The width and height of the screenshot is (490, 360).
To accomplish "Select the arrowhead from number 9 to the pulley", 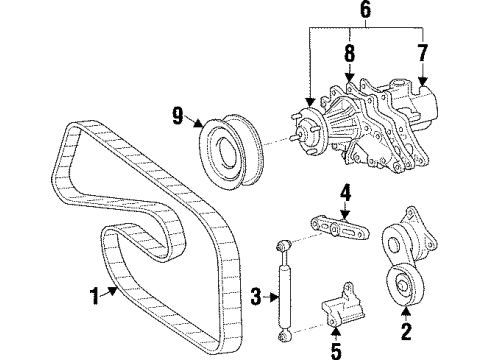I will [200, 123].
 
